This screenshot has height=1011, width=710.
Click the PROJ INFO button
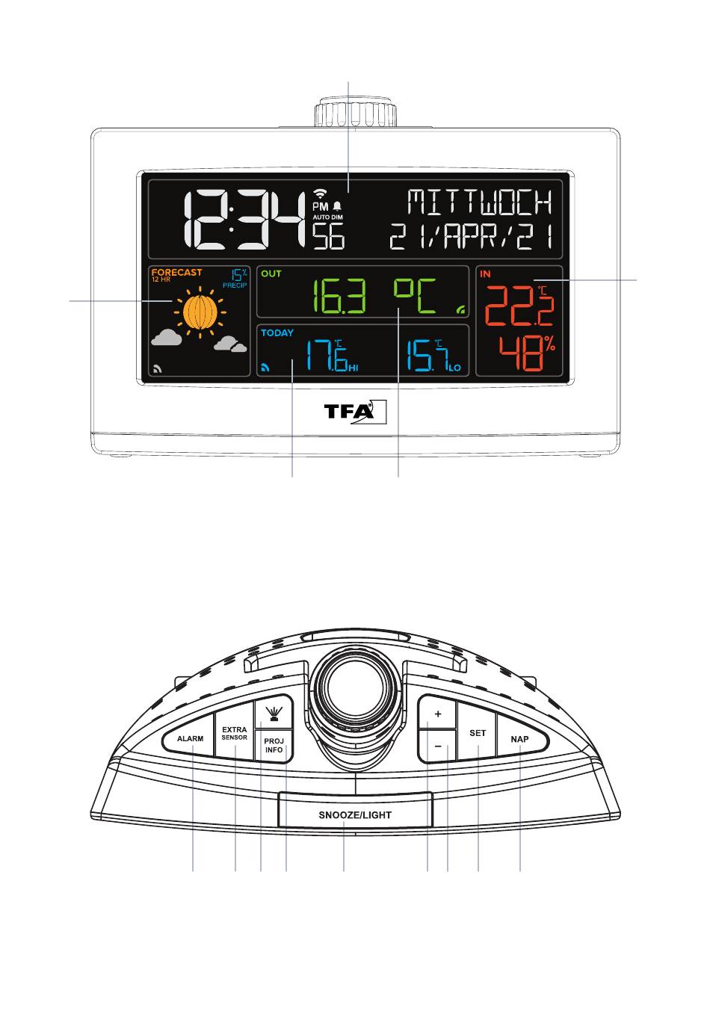pos(274,745)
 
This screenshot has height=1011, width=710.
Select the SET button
pos(478,734)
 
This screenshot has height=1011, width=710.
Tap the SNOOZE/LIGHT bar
pos(355,814)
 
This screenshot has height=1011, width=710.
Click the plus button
pos(438,714)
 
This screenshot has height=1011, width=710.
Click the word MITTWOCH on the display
pos(480,202)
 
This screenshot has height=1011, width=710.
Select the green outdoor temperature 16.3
pos(339,297)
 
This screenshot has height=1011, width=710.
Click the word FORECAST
pos(176,273)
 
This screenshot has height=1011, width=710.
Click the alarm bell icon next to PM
pos(337,205)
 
